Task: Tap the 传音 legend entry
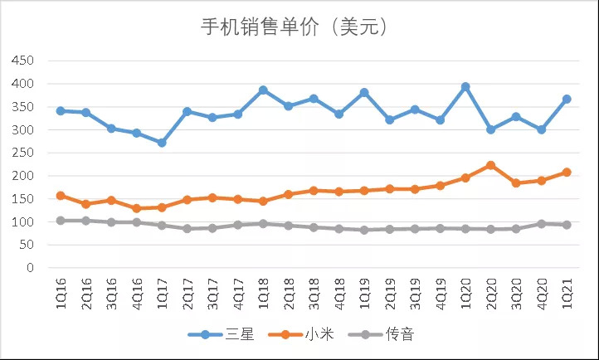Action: (x=387, y=334)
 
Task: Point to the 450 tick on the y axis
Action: (x=22, y=61)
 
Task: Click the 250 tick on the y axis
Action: (x=22, y=153)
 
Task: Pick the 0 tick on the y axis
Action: (x=29, y=268)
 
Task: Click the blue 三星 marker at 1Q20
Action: (x=465, y=87)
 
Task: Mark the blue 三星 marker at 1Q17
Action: (x=162, y=143)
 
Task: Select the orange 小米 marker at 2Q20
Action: (x=490, y=165)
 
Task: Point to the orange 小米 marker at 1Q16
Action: (x=61, y=196)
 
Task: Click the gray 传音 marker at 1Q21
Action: (x=567, y=225)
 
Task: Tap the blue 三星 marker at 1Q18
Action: (x=263, y=90)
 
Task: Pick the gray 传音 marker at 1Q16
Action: (x=61, y=221)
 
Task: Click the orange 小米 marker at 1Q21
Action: (x=567, y=173)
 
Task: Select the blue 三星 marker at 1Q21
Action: (x=567, y=99)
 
